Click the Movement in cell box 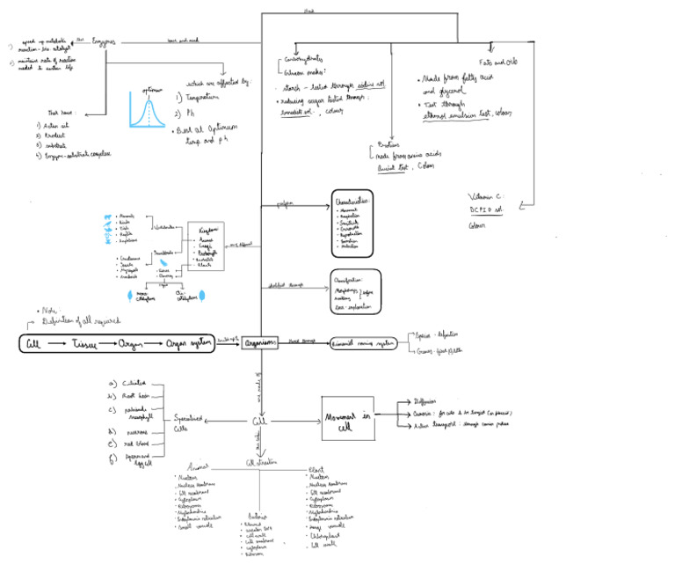pyautogui.click(x=347, y=420)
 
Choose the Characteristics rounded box pyautogui.click(x=352, y=224)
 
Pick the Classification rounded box pyautogui.click(x=354, y=292)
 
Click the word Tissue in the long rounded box pyautogui.click(x=90, y=343)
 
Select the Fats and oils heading pyautogui.click(x=497, y=62)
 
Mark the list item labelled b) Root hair pyautogui.click(x=132, y=397)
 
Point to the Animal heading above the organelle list pyautogui.click(x=199, y=467)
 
